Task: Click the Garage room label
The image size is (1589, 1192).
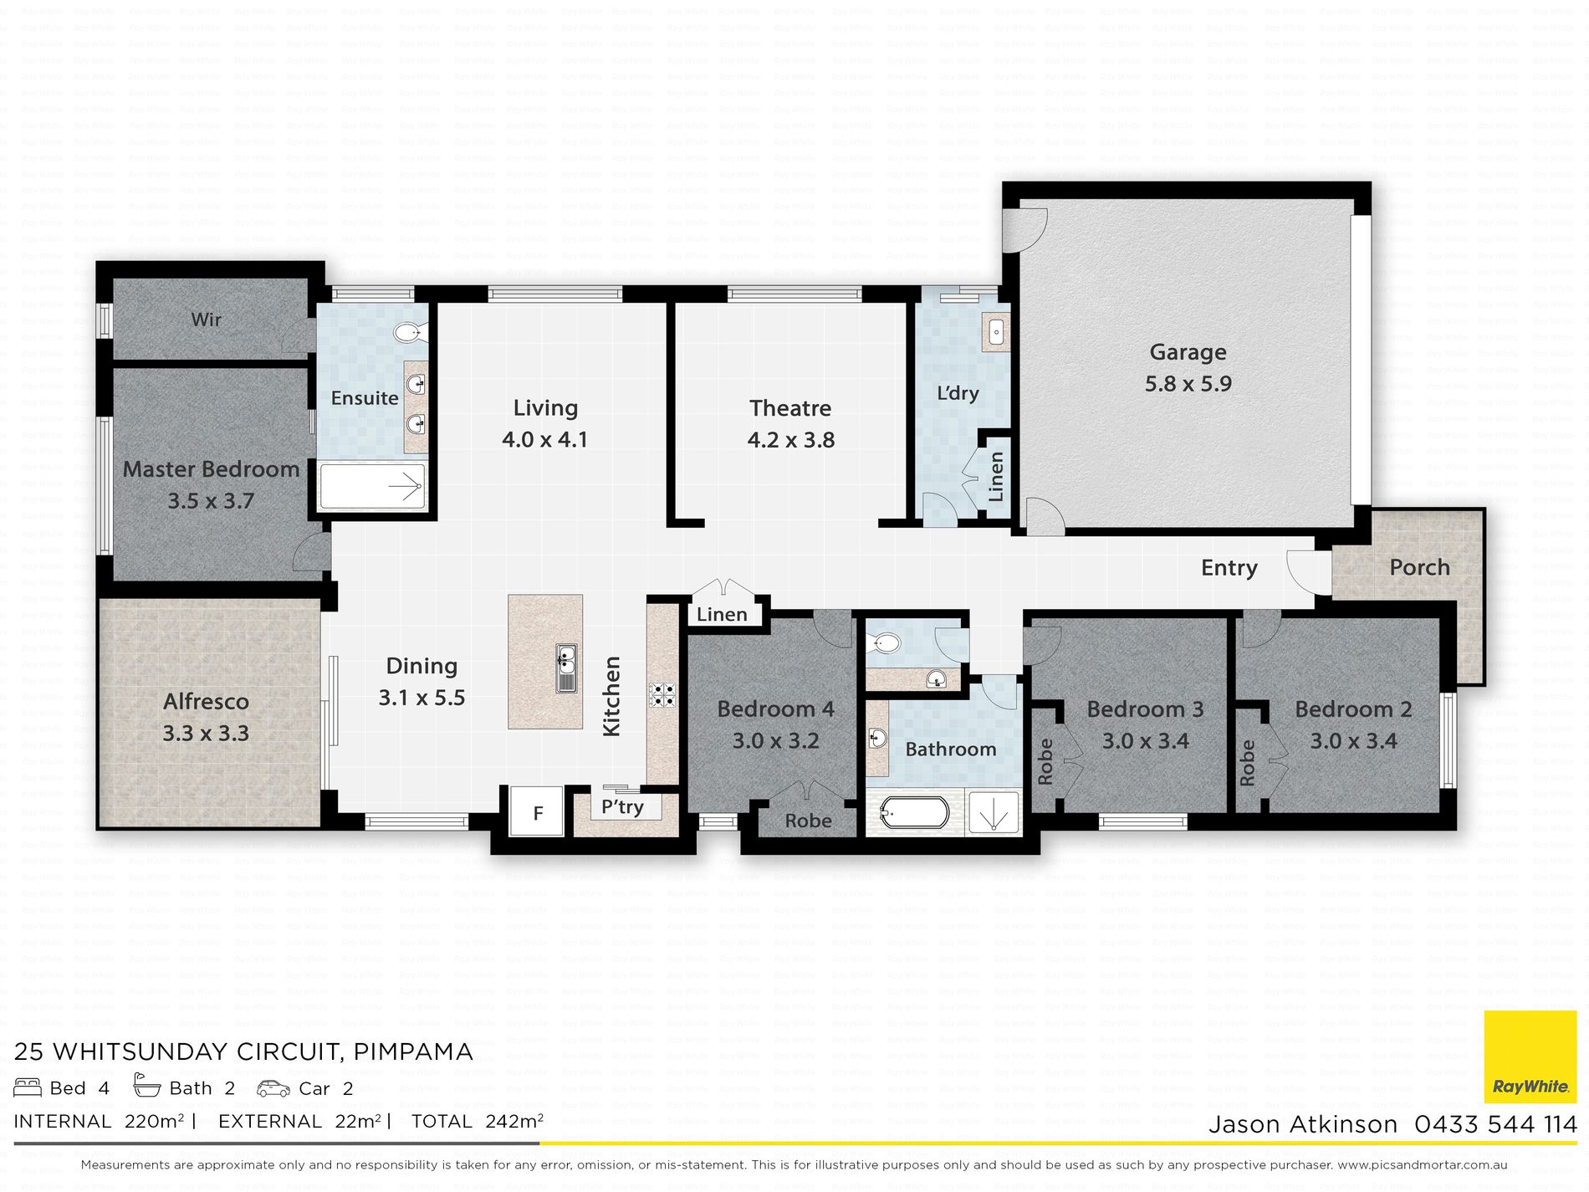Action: (x=1188, y=352)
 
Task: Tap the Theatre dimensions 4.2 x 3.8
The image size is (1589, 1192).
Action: (x=790, y=440)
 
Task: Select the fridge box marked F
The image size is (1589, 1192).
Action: (x=538, y=811)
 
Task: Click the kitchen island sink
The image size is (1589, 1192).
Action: (x=566, y=668)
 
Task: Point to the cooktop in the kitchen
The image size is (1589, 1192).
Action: (x=663, y=695)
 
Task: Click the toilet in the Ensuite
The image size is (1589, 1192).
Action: (x=410, y=333)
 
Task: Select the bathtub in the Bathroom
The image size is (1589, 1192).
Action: (x=914, y=811)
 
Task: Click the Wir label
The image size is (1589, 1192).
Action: (x=206, y=320)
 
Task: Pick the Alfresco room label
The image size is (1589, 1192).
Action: (x=206, y=701)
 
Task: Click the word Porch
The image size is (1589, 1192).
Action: (x=1419, y=567)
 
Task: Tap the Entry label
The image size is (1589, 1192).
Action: (x=1229, y=568)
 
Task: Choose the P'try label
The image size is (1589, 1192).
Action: (x=622, y=807)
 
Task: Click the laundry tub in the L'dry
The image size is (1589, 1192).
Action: (x=996, y=333)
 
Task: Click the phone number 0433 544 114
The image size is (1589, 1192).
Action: (x=1495, y=1124)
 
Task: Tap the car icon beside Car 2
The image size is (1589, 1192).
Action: (x=273, y=1088)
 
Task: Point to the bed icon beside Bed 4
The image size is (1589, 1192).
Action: (x=28, y=1087)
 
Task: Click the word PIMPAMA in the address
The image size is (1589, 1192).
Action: (x=413, y=1051)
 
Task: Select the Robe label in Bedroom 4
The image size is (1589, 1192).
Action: (x=808, y=821)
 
